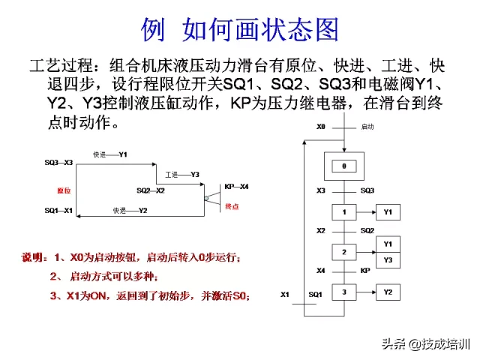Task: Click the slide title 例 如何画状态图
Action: pos(240,28)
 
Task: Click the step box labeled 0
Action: pos(344,165)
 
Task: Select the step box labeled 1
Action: pos(344,213)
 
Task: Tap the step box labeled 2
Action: pos(344,251)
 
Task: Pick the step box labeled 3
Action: pos(344,292)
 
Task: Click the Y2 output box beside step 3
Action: pos(388,292)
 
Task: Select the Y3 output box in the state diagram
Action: pos(388,259)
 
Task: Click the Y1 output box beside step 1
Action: pos(388,213)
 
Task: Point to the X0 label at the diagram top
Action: pos(321,127)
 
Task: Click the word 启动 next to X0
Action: pos(367,127)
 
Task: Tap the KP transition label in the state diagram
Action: pos(365,271)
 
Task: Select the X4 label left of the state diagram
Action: pos(321,271)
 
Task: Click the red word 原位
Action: pos(64,190)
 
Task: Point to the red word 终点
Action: pos(233,205)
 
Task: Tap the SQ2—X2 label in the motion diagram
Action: pos(151,190)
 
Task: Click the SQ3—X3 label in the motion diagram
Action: pos(58,162)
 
